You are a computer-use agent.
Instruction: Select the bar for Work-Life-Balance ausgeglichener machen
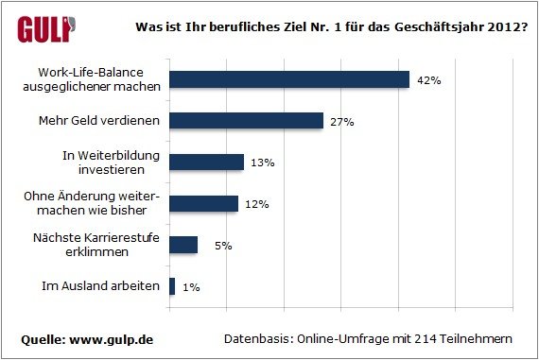click(x=288, y=80)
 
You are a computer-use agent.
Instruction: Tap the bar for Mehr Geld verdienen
click(x=246, y=121)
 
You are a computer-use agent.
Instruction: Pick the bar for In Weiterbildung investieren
click(x=206, y=163)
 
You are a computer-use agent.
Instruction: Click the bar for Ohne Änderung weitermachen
click(x=203, y=203)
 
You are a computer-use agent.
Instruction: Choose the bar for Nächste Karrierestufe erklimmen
click(x=183, y=245)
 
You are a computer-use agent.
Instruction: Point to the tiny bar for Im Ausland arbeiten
click(x=172, y=286)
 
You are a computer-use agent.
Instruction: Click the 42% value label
click(x=430, y=80)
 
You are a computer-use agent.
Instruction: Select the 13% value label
click(x=262, y=163)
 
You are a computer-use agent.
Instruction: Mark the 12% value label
click(x=257, y=203)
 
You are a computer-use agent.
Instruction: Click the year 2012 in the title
click(x=499, y=26)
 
